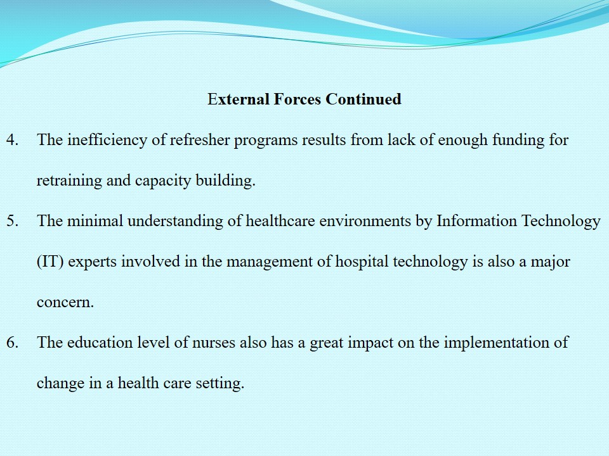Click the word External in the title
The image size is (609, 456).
tap(239, 99)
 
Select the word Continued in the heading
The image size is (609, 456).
tap(363, 99)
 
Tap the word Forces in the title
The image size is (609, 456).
tap(297, 99)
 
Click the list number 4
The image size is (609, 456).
tap(13, 140)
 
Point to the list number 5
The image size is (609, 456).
tap(13, 221)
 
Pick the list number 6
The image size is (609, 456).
tap(13, 343)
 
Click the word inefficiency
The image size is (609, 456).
tap(107, 141)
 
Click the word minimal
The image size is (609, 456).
tap(95, 220)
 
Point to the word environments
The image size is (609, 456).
tap(365, 221)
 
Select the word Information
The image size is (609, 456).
tap(476, 220)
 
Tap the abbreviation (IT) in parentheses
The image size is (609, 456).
tap(50, 262)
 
